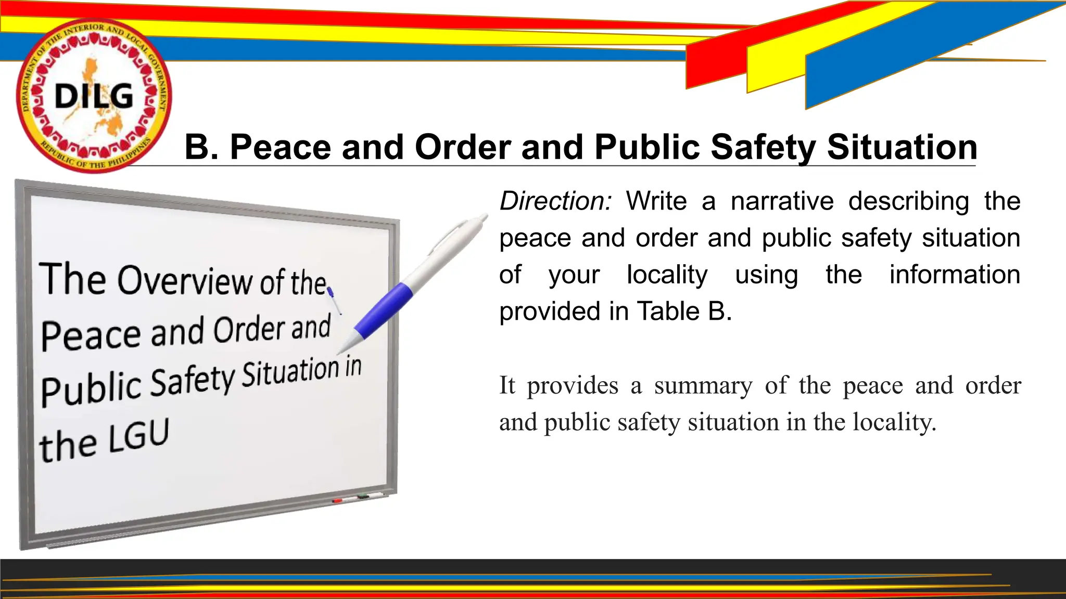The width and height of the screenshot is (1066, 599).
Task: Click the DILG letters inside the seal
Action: pyautogui.click(x=94, y=97)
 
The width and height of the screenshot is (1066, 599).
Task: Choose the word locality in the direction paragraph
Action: pyautogui.click(x=667, y=275)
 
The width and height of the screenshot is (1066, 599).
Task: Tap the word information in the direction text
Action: pyautogui.click(x=955, y=275)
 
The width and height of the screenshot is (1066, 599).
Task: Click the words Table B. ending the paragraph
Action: pyautogui.click(x=684, y=311)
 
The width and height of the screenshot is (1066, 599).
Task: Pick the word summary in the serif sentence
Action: pyautogui.click(x=703, y=386)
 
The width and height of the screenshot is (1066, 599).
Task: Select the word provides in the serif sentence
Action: pyautogui.click(x=573, y=386)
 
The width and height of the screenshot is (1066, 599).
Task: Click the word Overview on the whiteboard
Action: pyautogui.click(x=184, y=281)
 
